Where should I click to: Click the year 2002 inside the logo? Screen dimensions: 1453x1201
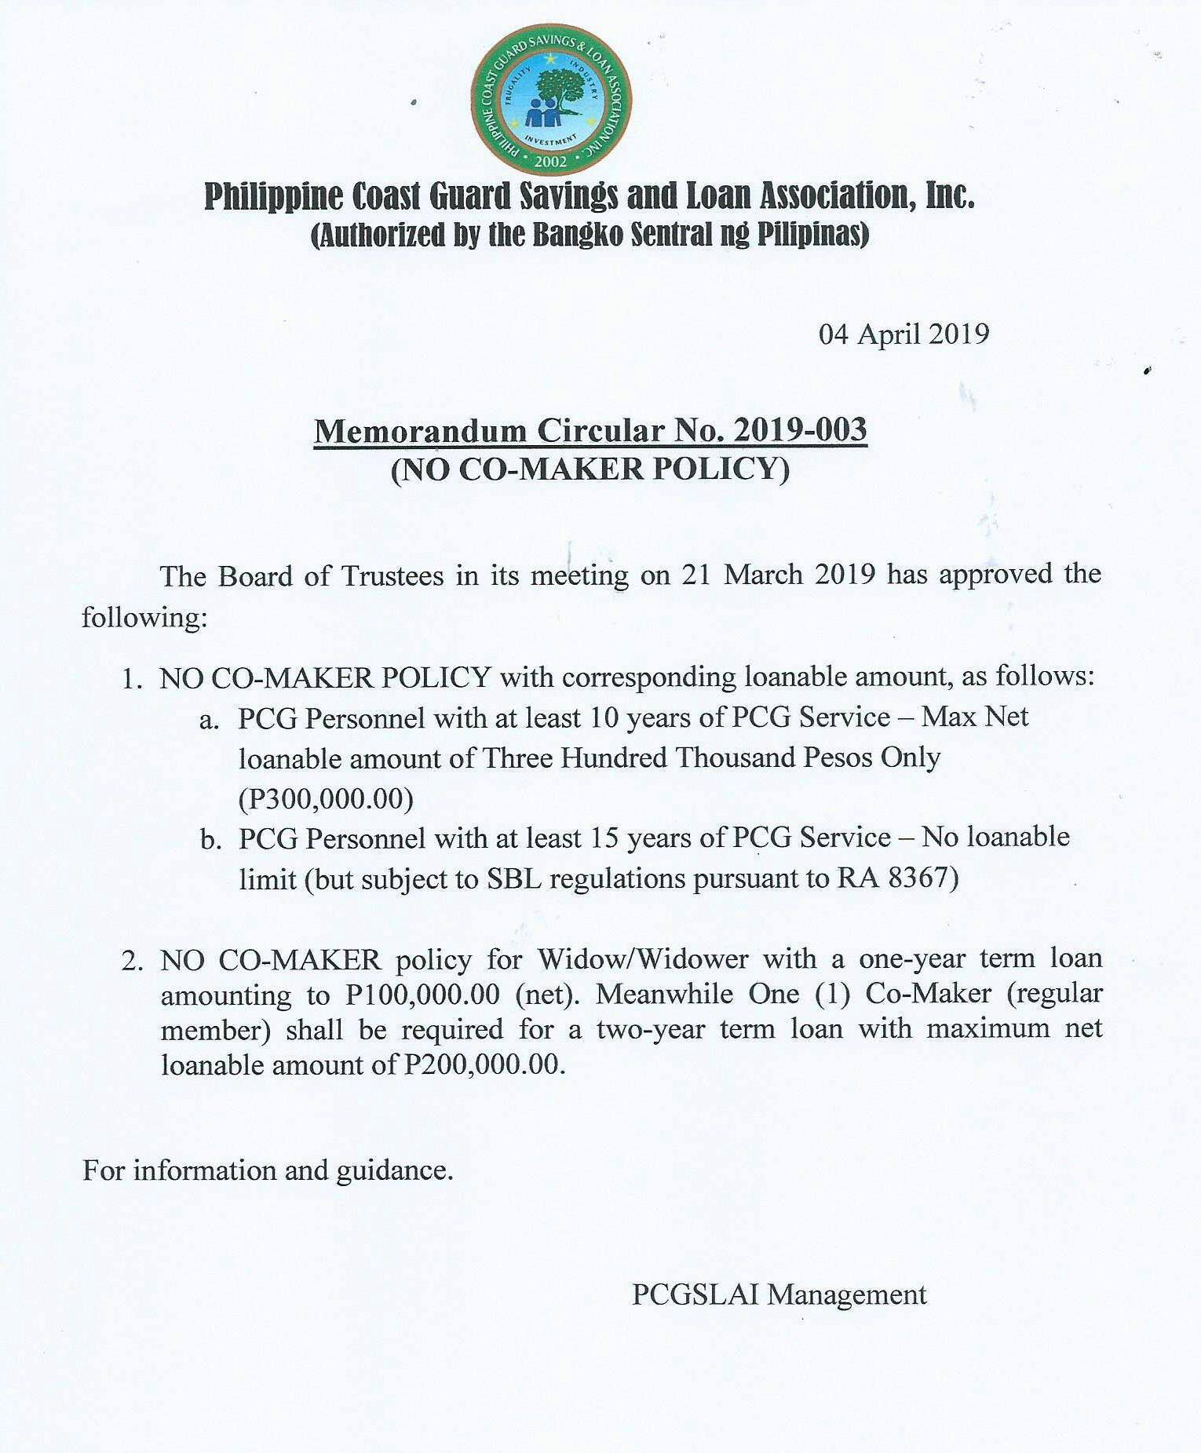[549, 162]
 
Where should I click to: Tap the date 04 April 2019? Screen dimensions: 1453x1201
[903, 334]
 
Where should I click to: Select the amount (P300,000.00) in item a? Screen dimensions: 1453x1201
[326, 798]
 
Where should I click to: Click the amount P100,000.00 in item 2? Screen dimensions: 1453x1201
[422, 995]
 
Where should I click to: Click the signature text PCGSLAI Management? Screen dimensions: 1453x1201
[779, 1294]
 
